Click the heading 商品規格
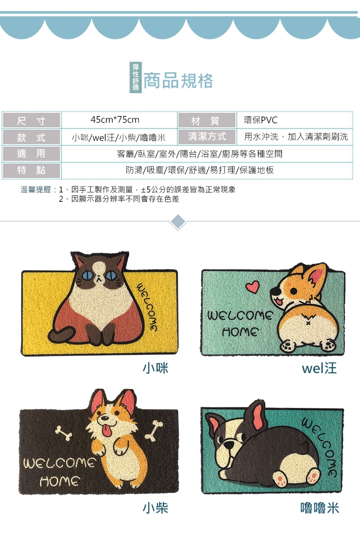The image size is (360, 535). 178,81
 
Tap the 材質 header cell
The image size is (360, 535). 207,120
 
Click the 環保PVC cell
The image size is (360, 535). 294,120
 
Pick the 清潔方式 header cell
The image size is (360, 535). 207,137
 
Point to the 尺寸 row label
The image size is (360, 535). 31,120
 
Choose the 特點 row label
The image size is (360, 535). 31,170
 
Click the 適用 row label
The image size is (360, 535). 31,154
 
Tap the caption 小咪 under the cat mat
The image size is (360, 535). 155,368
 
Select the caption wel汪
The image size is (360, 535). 319,368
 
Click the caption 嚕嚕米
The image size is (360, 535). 319,508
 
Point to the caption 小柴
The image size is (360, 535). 155,508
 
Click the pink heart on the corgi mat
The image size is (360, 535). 253,287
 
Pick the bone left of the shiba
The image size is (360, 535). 63,432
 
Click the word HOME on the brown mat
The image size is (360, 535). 60,481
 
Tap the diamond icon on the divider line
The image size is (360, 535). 178,222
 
